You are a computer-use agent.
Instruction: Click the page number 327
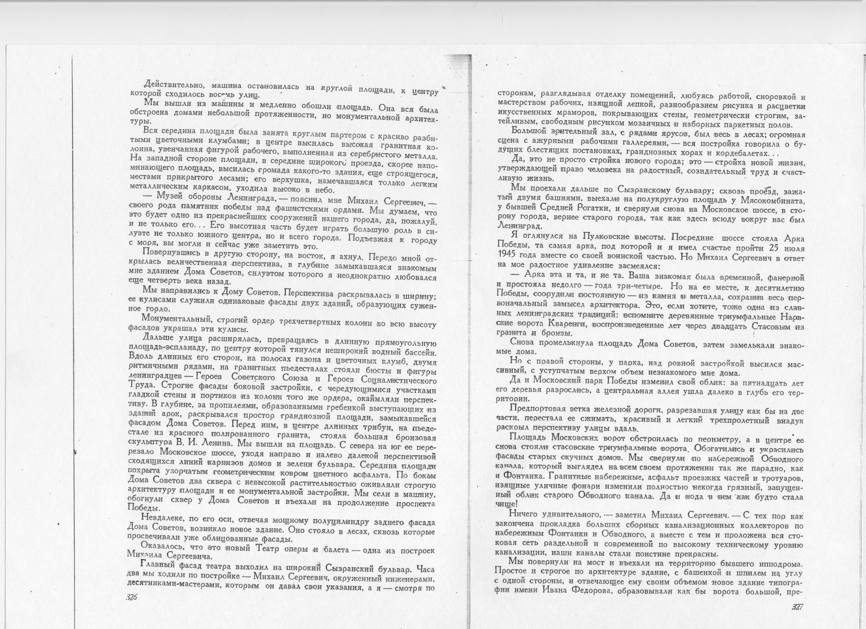click(x=797, y=606)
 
